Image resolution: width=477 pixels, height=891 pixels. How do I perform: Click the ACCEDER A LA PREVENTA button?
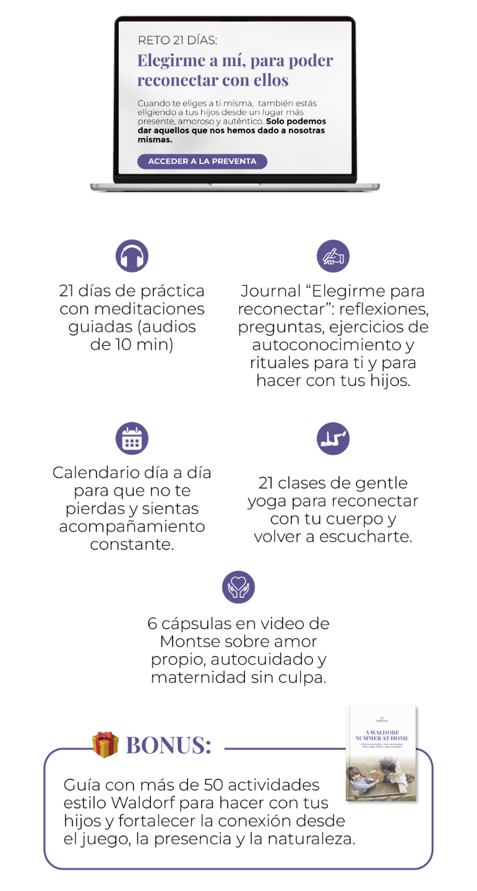[x=202, y=161]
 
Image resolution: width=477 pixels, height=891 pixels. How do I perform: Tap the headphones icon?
[x=132, y=256]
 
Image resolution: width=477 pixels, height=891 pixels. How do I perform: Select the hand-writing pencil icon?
[x=333, y=256]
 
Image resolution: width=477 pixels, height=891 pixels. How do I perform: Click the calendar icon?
[x=132, y=439]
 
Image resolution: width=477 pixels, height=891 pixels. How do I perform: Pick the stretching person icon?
[x=333, y=439]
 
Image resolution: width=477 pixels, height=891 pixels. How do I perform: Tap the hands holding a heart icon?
[x=238, y=587]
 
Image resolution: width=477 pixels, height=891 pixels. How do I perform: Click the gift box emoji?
[x=105, y=744]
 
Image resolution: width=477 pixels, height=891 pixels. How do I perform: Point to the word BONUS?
[x=168, y=745]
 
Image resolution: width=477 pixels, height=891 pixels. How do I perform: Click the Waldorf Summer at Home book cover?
[x=380, y=753]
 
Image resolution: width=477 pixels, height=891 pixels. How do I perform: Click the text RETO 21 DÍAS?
[x=177, y=41]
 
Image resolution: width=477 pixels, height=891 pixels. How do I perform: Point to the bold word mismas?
[x=155, y=140]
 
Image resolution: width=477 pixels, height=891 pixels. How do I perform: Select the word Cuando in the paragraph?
[x=153, y=103]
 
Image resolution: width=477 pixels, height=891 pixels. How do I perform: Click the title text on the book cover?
[x=380, y=735]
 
